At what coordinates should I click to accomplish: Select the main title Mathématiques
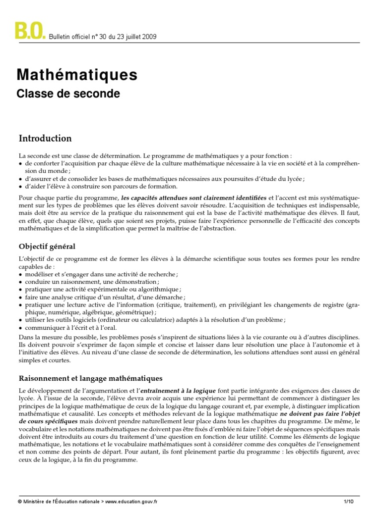tap(77, 75)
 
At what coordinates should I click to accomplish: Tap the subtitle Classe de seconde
tap(68, 93)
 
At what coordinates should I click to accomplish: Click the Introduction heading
tap(45, 139)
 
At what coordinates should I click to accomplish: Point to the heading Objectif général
tap(47, 246)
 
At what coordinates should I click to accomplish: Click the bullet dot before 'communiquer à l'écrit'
tap(20, 327)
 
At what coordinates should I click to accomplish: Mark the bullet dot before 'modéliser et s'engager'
tap(20, 274)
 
